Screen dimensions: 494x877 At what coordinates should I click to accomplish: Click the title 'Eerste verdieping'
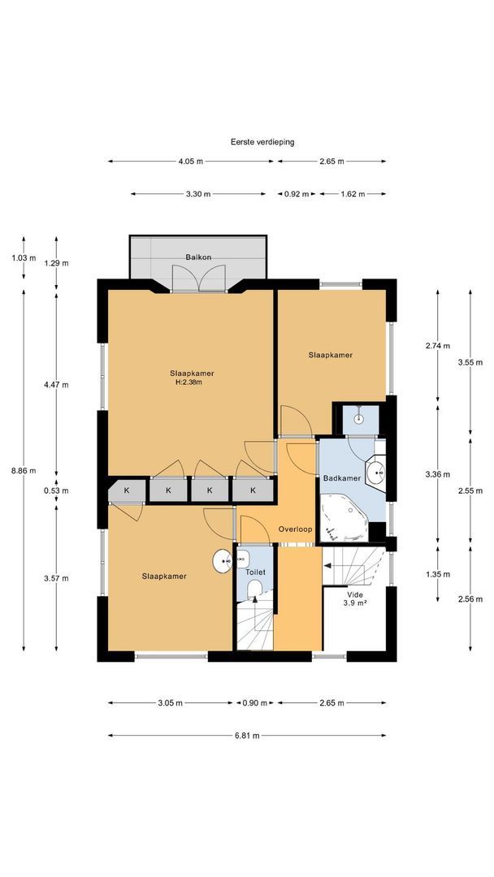click(262, 142)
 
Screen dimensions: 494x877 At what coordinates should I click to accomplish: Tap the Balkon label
click(198, 258)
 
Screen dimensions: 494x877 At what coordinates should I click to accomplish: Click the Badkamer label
click(341, 478)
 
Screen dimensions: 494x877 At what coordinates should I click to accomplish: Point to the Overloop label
click(296, 529)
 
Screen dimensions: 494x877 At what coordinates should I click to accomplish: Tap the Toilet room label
click(254, 572)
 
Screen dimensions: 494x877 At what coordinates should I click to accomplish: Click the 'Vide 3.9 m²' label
click(355, 599)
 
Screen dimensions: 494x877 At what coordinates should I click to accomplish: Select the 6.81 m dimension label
click(247, 736)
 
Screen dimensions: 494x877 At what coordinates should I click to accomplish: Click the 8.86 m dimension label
click(24, 470)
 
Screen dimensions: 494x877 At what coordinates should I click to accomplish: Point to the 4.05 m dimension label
click(191, 161)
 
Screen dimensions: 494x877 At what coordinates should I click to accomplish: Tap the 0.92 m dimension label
click(297, 194)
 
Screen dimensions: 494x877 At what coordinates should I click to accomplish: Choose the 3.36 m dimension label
click(437, 474)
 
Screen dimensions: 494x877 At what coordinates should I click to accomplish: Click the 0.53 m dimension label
click(56, 491)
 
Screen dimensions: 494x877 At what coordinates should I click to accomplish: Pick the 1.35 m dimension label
click(437, 574)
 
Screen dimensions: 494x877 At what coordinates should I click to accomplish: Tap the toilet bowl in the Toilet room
click(255, 589)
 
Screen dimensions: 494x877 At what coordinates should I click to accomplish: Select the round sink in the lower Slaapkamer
click(223, 561)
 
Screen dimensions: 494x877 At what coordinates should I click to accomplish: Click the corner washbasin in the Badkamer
click(375, 473)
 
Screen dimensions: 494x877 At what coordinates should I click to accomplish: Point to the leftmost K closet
click(127, 490)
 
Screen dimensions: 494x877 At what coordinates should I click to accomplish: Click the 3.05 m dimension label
click(170, 703)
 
